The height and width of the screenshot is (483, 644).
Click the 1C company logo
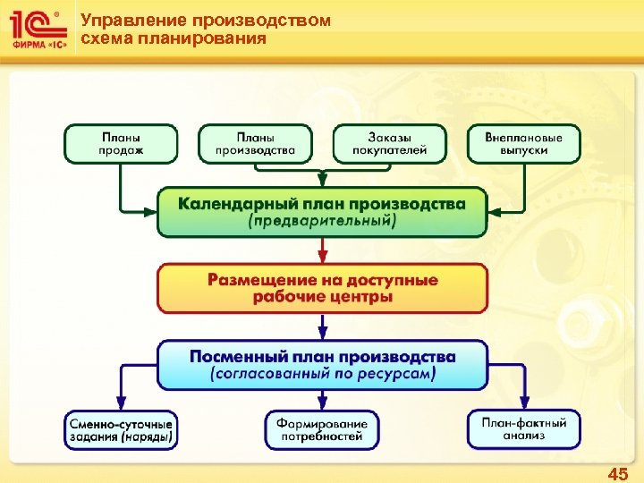coord(37,30)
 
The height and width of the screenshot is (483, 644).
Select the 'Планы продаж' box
coord(121,144)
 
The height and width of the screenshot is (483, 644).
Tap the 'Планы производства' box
coord(255,144)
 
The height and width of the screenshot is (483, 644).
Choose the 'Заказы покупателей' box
coord(390,144)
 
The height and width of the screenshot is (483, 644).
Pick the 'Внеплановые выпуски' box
coord(524,144)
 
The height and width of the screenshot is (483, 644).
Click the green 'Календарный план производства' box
coord(322,212)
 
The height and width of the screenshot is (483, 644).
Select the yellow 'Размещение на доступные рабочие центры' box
coord(322,287)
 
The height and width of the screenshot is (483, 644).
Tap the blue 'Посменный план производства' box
coord(322,365)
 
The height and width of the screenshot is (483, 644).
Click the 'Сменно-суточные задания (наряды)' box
coord(121,429)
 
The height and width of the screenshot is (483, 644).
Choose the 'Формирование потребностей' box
coord(322,429)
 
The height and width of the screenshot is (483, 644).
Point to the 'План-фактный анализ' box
coord(524,429)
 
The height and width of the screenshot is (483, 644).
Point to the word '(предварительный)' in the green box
coord(322,221)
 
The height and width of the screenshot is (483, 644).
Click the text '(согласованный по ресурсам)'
coord(322,375)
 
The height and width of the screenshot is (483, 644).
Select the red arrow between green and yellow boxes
coord(322,250)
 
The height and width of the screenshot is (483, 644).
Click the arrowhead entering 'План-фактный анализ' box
coord(524,404)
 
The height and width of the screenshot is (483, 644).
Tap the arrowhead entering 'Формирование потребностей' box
coord(322,404)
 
